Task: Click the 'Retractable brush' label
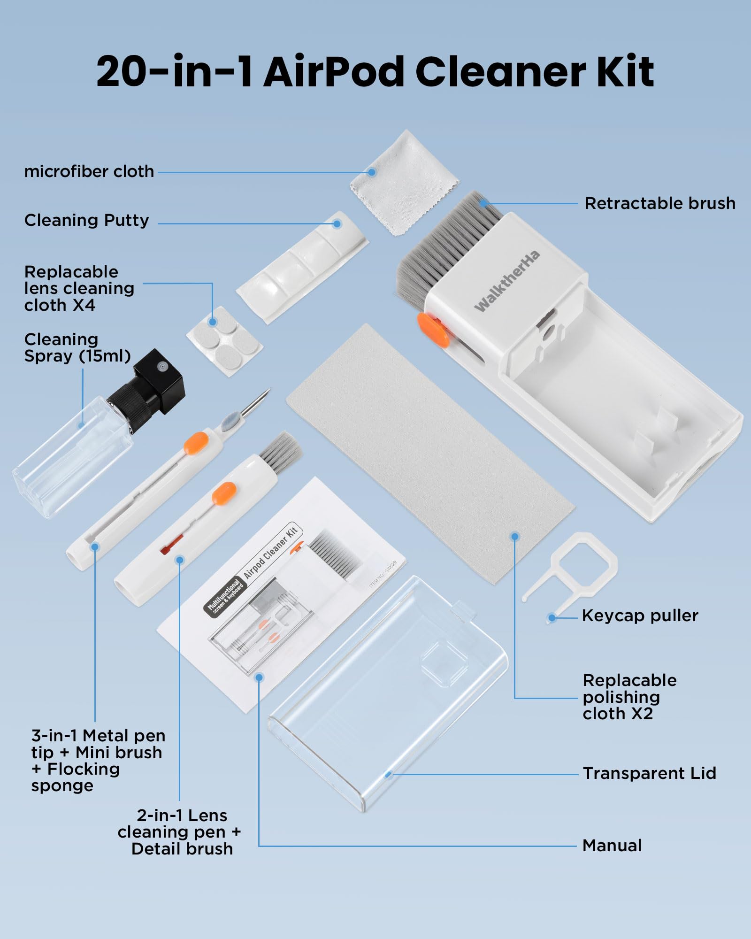pyautogui.click(x=659, y=203)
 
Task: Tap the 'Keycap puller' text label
pyautogui.click(x=640, y=616)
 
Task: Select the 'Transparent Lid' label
pyautogui.click(x=649, y=773)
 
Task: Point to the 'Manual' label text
pyautogui.click(x=612, y=846)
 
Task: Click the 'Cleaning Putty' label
pyautogui.click(x=86, y=220)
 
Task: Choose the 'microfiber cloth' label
pyautogui.click(x=89, y=171)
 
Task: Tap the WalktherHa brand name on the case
pyautogui.click(x=507, y=281)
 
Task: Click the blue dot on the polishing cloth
pyautogui.click(x=515, y=536)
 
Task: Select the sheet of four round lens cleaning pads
pyautogui.click(x=224, y=340)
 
